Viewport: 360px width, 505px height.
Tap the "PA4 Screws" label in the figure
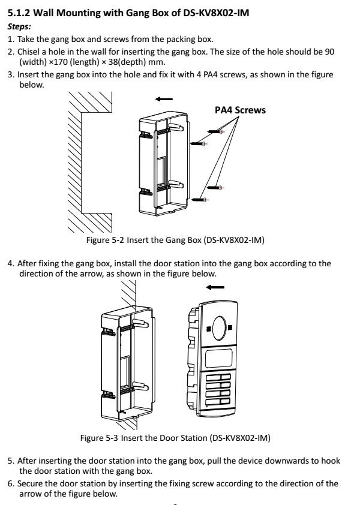240,110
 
